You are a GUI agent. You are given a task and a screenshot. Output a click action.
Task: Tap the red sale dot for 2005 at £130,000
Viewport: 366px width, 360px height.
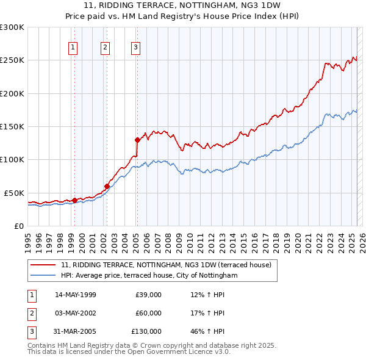(137, 140)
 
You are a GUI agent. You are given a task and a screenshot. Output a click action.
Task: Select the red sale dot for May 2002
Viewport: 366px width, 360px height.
(107, 186)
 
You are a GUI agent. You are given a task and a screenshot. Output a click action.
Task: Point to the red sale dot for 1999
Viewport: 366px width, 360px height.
(74, 200)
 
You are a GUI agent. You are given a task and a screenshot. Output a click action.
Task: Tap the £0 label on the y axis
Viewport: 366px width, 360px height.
(18, 226)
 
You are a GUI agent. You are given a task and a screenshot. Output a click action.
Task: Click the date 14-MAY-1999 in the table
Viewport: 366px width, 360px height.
(76, 295)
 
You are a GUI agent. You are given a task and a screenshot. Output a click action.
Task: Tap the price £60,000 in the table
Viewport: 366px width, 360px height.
(148, 313)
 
